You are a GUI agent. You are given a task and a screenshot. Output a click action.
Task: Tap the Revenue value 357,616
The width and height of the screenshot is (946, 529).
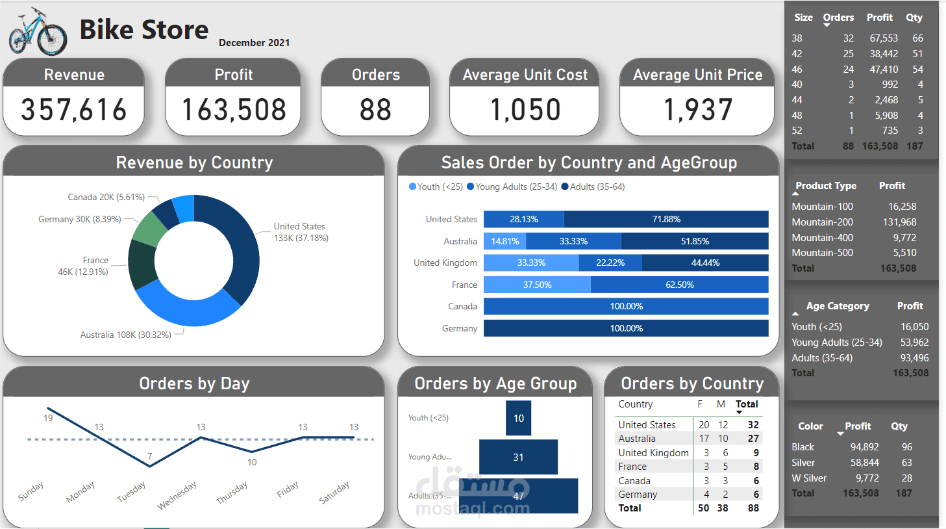(74, 110)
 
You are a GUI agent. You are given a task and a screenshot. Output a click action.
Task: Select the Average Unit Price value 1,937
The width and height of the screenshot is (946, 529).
(698, 110)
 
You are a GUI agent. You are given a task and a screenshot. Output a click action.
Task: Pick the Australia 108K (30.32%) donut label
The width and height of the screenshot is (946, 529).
(126, 335)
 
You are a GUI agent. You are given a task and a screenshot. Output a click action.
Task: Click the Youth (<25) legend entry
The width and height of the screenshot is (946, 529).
(436, 187)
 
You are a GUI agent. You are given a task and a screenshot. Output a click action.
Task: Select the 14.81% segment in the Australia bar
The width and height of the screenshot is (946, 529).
(504, 241)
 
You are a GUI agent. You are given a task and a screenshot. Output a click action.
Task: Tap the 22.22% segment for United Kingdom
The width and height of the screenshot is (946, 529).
(610, 263)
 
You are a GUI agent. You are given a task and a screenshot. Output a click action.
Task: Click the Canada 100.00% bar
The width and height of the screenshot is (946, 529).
(626, 306)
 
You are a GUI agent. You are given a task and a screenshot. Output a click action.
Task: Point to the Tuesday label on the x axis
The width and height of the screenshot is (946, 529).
(131, 491)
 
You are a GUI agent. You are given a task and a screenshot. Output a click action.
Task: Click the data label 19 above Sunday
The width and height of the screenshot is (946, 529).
(48, 418)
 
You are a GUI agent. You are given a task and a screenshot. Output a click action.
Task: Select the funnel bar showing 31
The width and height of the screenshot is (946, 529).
(518, 457)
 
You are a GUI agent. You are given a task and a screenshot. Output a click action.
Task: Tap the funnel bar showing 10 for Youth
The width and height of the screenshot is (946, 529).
(519, 419)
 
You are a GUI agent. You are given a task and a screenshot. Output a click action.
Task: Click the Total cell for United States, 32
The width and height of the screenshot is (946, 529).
(753, 424)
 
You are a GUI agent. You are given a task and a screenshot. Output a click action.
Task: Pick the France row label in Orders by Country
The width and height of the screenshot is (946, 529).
(632, 467)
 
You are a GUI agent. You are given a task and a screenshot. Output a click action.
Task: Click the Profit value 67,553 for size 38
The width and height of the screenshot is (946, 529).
(884, 38)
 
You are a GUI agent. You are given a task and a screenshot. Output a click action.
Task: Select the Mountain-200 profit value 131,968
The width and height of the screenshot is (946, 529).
(899, 222)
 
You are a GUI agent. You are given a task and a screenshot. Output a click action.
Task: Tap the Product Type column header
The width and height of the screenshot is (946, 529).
(826, 186)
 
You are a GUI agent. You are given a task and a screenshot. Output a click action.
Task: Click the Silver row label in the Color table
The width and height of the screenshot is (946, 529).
(803, 463)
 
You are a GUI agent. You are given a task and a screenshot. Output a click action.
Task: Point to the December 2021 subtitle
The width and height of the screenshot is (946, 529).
(255, 43)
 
